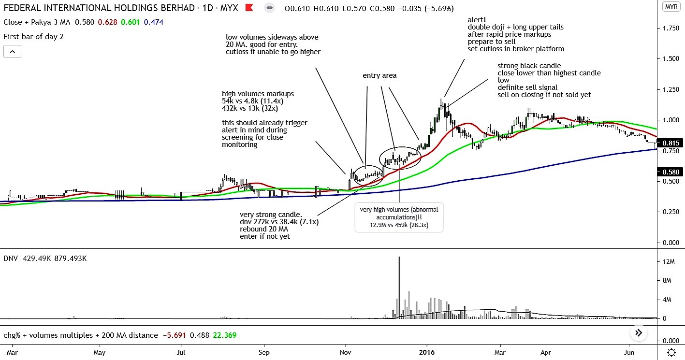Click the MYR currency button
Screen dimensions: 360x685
tap(671, 7)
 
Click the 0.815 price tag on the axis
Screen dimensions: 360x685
tap(671, 143)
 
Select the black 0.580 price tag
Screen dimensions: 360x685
tap(671, 172)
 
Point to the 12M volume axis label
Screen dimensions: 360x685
tap(669, 261)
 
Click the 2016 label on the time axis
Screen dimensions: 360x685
tap(427, 352)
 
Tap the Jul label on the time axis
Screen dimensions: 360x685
tap(181, 352)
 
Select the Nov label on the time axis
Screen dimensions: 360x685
tap(346, 352)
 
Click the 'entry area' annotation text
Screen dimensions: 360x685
tap(379, 75)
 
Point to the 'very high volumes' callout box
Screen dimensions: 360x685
tap(399, 217)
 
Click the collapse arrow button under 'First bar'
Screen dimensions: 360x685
tap(12, 51)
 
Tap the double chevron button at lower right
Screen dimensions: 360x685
tap(639, 332)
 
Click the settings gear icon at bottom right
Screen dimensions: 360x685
tap(671, 352)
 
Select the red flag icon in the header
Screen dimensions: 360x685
tap(249, 8)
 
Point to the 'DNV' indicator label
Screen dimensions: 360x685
tap(10, 259)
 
